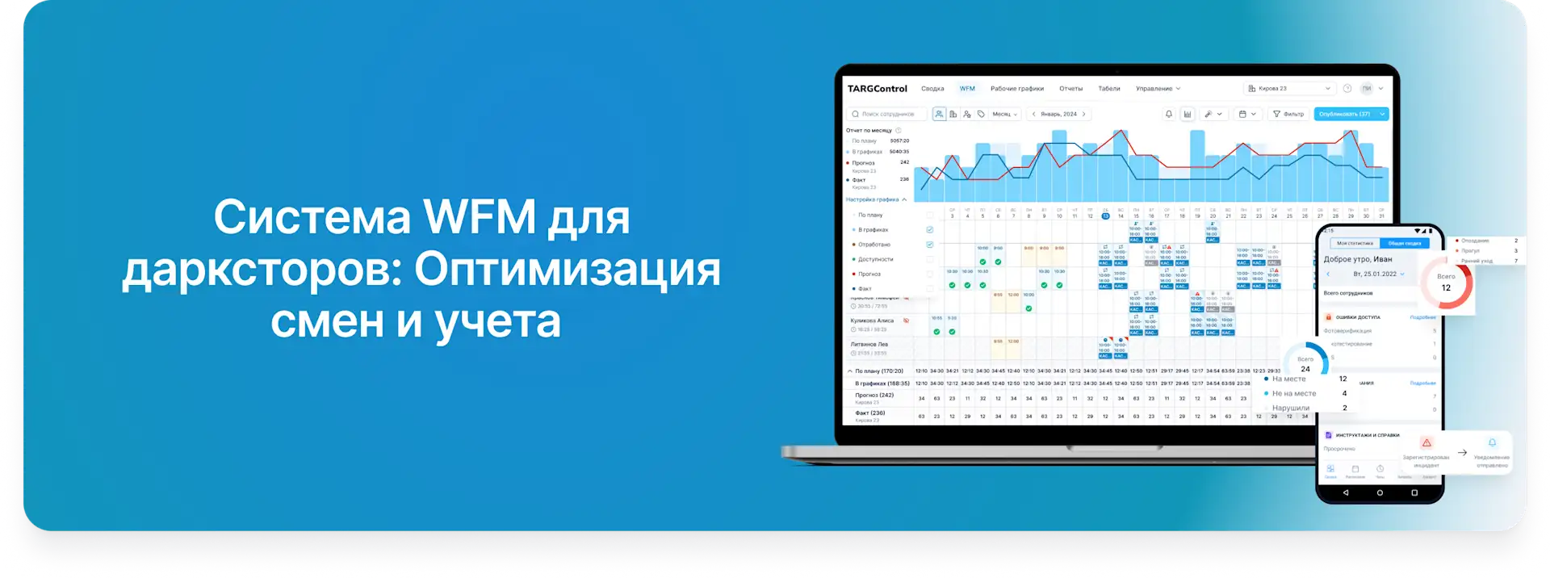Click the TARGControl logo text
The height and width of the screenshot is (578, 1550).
click(877, 89)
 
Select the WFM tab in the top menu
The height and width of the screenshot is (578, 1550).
click(967, 89)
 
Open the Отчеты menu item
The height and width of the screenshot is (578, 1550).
click(1070, 89)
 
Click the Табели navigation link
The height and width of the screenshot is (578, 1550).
click(1108, 89)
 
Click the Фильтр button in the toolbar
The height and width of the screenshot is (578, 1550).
click(1288, 114)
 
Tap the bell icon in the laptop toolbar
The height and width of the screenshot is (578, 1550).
click(1168, 114)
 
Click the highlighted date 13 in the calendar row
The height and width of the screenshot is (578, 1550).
click(1105, 216)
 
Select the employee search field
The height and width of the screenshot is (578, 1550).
click(886, 114)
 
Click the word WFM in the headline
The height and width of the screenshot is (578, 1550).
click(480, 217)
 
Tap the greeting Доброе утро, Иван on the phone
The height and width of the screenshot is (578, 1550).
click(1357, 259)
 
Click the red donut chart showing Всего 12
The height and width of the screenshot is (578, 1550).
click(1446, 283)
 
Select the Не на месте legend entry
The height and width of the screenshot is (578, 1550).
click(1293, 393)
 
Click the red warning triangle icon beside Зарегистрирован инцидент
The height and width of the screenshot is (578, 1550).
click(1426, 443)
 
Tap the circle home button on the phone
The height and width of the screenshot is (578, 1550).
click(1380, 492)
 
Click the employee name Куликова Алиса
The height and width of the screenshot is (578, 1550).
click(872, 320)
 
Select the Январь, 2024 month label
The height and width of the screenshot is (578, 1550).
click(1058, 114)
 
